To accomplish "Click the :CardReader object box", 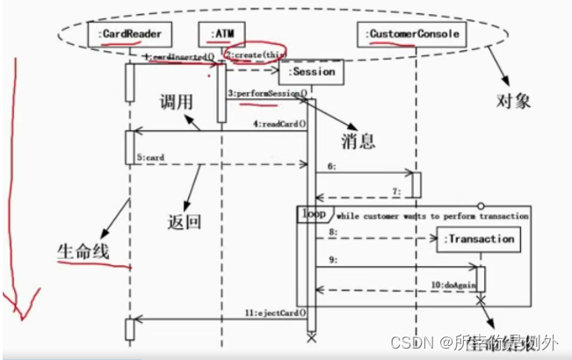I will [128, 34].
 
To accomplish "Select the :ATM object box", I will [220, 34].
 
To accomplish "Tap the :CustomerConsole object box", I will [411, 34].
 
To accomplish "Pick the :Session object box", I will [310, 72].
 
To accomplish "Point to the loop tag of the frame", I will [314, 213].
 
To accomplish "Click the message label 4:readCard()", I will [279, 124].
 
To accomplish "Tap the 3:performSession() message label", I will [266, 93].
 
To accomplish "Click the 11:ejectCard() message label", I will [275, 312].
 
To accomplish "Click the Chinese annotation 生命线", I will [80, 251].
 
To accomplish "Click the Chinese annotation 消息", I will [359, 140].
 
